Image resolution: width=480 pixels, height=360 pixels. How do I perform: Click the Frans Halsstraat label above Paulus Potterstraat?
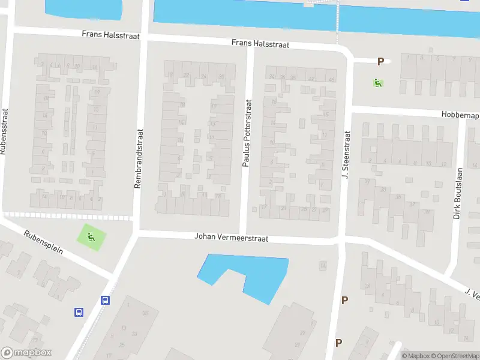260,44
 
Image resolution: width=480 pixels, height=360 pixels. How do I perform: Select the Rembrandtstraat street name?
137,160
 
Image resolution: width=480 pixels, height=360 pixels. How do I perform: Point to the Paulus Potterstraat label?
247,142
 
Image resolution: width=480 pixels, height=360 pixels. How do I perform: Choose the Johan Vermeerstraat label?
231,237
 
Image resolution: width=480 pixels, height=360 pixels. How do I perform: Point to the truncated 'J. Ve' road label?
472,294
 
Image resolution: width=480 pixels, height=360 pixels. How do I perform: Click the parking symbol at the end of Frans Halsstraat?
380,61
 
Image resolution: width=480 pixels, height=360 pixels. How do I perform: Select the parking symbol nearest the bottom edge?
338,343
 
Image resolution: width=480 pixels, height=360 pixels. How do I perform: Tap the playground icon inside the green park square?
91,236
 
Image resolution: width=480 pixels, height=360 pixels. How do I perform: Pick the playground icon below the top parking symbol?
379,83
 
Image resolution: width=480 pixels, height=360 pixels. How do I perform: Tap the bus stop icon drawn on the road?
106,301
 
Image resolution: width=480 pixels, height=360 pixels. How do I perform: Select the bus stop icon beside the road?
79,312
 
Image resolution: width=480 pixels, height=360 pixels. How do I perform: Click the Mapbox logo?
26,353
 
